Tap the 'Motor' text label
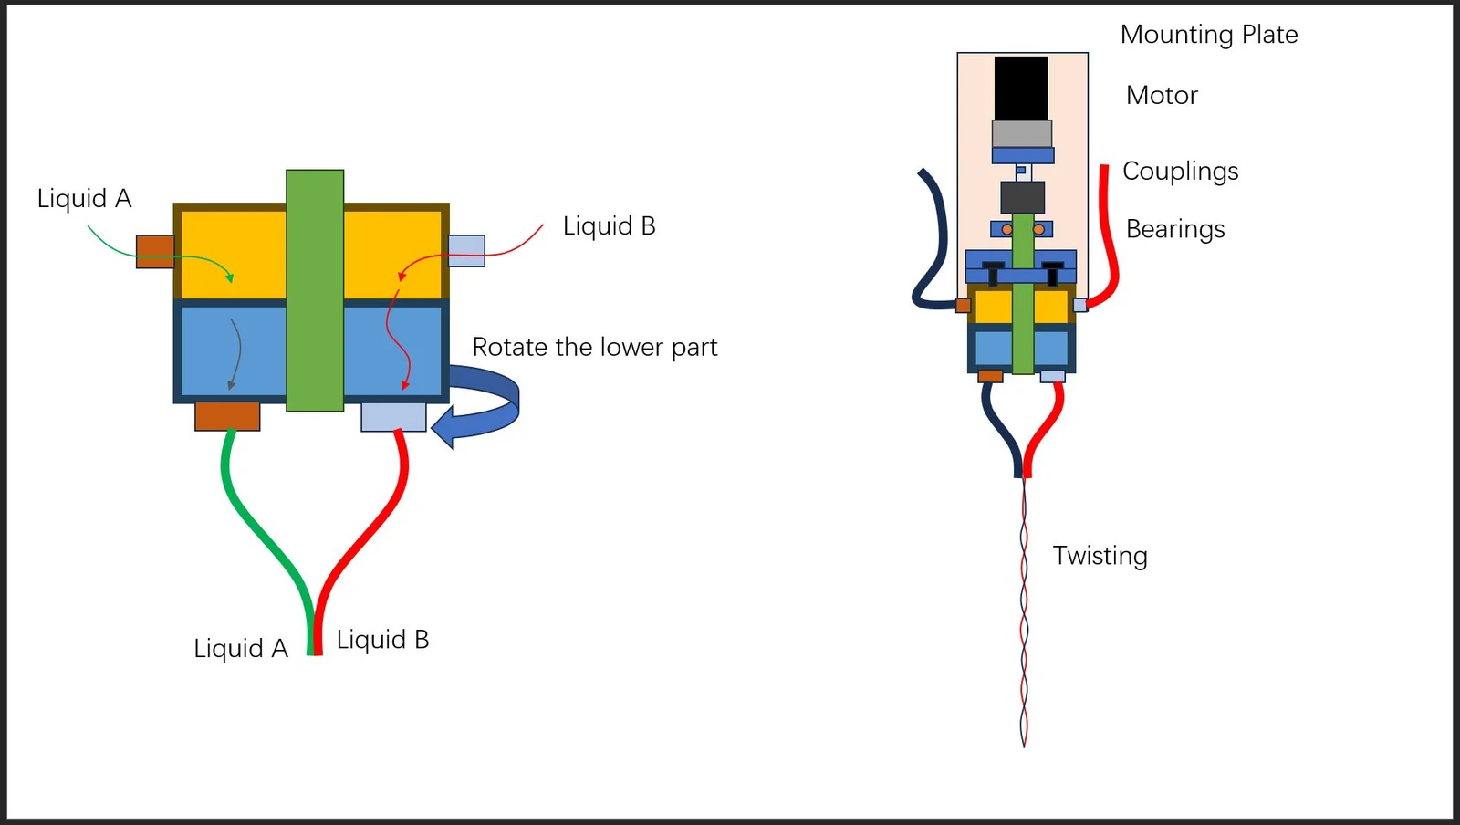click(1162, 96)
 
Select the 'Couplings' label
click(1181, 172)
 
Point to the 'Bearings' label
click(1175, 229)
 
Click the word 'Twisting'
click(1100, 556)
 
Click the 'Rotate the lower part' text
click(594, 348)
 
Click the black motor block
click(1021, 88)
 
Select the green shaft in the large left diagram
click(315, 290)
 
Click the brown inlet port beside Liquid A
click(155, 252)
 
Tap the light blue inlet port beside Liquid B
click(466, 251)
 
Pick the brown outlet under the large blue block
click(227, 416)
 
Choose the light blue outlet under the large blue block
click(393, 417)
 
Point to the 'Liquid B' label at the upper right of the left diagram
click(609, 226)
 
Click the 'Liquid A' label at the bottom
click(241, 648)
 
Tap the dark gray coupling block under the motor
click(1023, 197)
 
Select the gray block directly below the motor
click(1022, 133)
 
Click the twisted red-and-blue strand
click(1024, 612)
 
